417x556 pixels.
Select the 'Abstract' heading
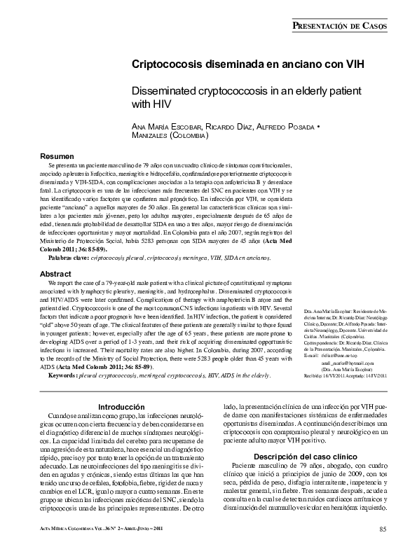[x=55, y=274]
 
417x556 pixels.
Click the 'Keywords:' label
[x=67, y=376]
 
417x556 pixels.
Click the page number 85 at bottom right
[x=383, y=528]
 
